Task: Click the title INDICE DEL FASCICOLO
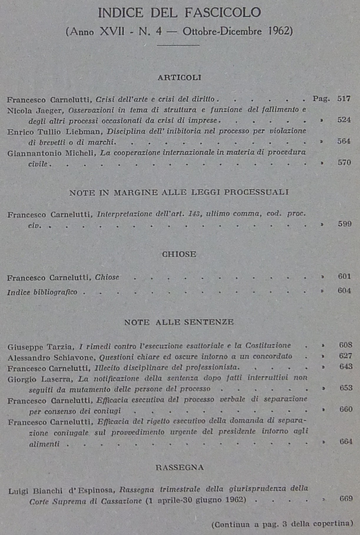coord(179,13)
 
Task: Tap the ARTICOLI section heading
coord(179,77)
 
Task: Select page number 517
coord(344,99)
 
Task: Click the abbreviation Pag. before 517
coord(321,99)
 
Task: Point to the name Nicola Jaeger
coord(34,111)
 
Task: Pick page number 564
coord(344,141)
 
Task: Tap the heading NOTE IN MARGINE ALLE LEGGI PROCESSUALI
coord(179,192)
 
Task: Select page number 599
coord(344,224)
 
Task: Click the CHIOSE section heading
coord(179,254)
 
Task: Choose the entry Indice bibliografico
coord(42,292)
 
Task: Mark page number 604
coord(344,291)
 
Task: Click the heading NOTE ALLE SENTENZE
coord(179,322)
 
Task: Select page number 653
coord(346,388)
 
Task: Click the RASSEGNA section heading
coord(180,468)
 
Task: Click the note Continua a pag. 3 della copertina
coord(282,524)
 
